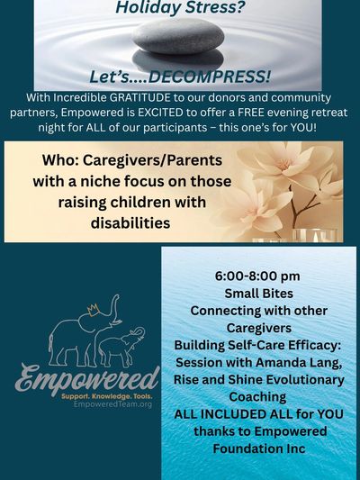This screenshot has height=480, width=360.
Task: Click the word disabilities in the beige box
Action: (130, 221)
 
